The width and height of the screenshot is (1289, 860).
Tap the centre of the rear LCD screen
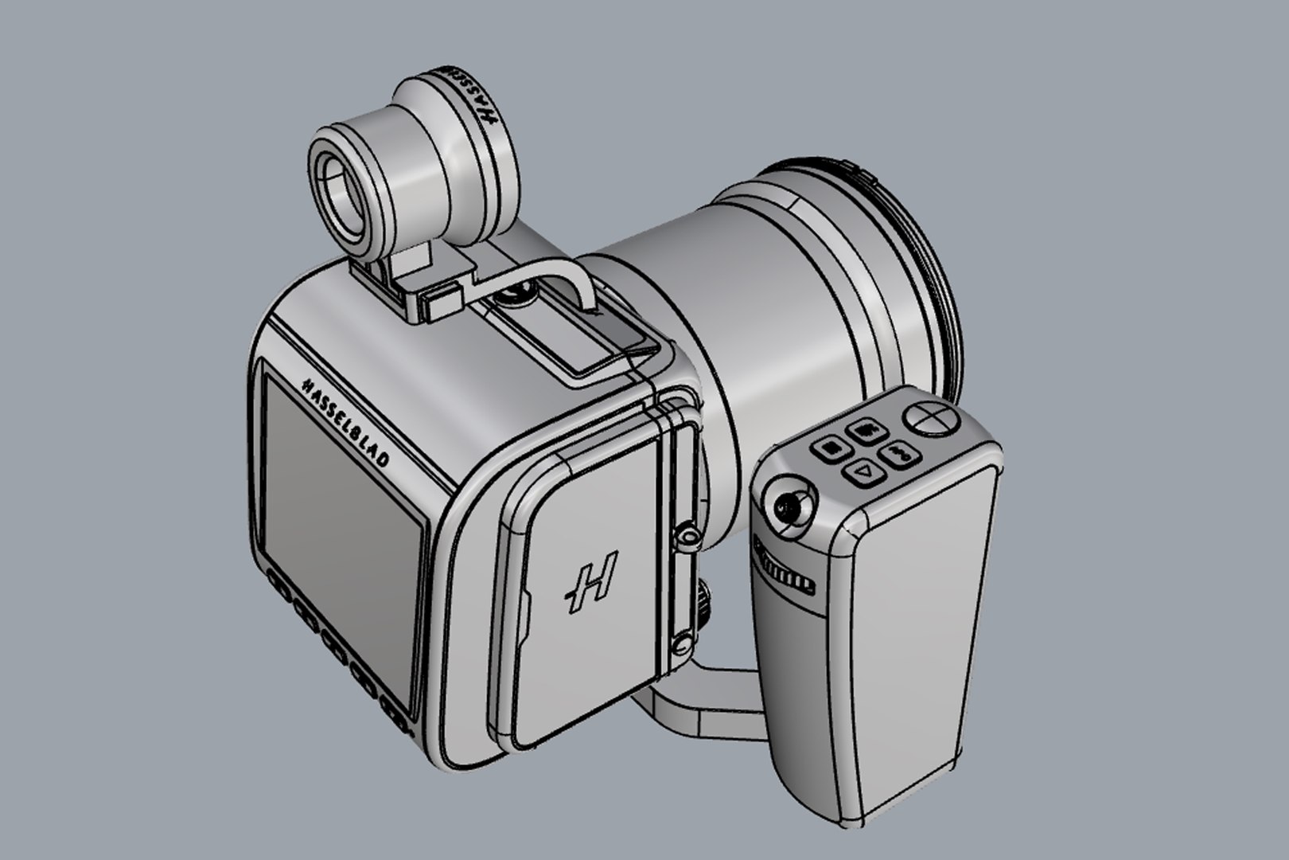click(342, 541)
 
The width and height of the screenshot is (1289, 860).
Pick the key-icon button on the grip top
click(899, 453)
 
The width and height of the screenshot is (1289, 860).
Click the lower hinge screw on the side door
click(680, 642)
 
